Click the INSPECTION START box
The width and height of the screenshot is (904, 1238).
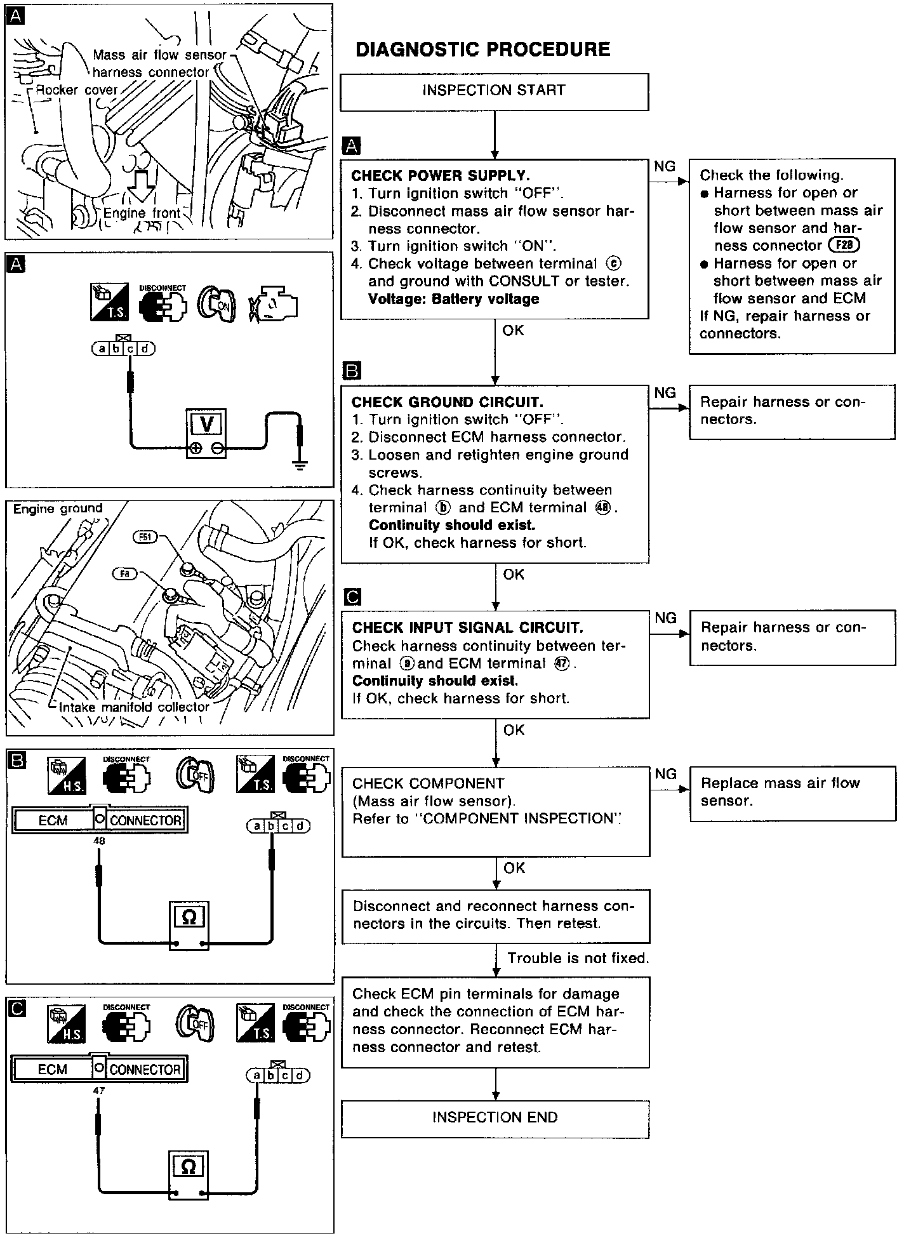[x=494, y=91]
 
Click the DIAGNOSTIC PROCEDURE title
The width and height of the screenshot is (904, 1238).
[x=482, y=50]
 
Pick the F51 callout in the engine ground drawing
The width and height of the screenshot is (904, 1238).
[x=145, y=538]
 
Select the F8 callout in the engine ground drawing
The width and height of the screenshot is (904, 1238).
[x=124, y=574]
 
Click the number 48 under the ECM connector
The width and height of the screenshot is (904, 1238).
[x=99, y=841]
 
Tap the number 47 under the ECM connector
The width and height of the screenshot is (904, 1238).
[x=98, y=1090]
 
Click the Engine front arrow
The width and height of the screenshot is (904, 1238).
[x=141, y=190]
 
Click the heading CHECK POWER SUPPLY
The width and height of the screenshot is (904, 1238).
[x=440, y=176]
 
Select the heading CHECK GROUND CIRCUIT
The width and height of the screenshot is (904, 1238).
[x=447, y=402]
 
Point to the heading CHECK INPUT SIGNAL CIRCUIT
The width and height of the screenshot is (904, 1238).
[x=467, y=628]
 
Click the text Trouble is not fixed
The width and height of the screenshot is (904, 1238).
[x=578, y=958]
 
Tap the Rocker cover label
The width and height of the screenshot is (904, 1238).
[x=76, y=90]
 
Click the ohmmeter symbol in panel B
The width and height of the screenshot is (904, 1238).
[x=189, y=916]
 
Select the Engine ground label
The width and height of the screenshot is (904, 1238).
[x=58, y=509]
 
